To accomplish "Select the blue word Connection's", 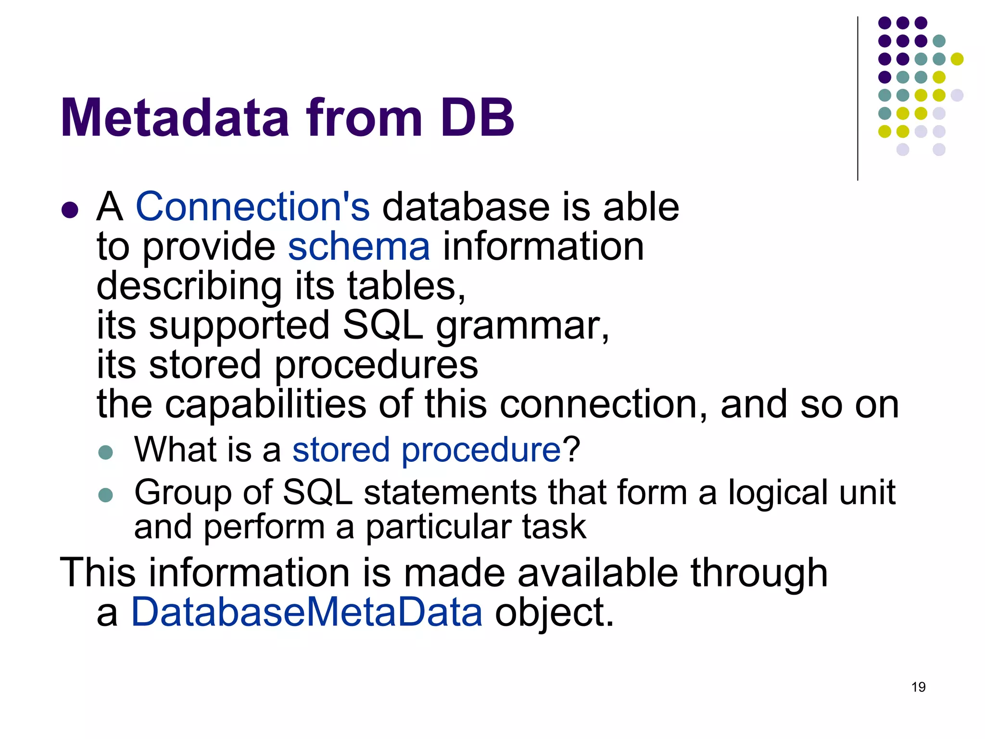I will pos(253,207).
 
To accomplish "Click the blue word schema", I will pos(359,246).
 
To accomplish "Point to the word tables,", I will pos(406,286).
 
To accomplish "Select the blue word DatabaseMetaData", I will pos(307,612).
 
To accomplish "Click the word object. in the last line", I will pos(555,613).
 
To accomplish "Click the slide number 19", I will pos(918,687).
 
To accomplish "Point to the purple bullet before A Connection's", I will pos(70,210).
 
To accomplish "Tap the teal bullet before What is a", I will pos(105,452).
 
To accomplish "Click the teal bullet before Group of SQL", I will pos(105,495).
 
